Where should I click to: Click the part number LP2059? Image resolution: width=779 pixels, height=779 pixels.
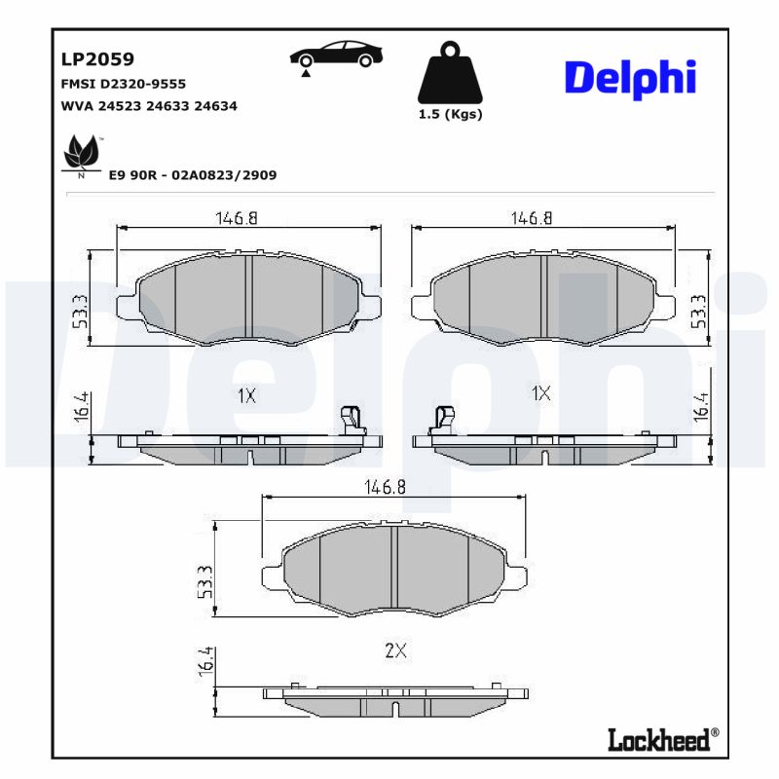pos(97,59)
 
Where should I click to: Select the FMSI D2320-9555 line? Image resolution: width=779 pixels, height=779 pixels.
pos(123,85)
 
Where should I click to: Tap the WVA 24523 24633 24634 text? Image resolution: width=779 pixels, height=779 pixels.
pos(149,106)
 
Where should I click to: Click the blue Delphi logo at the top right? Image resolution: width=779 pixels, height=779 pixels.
pos(630,77)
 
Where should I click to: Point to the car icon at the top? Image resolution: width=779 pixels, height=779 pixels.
pos(336,56)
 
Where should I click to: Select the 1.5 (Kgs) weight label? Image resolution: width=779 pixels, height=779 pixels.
pos(450,114)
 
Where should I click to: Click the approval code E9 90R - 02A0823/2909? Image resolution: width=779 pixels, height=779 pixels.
pos(193,175)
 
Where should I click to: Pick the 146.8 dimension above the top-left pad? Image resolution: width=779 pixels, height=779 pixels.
pos(237,219)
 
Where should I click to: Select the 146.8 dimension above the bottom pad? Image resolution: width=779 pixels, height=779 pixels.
pos(386,487)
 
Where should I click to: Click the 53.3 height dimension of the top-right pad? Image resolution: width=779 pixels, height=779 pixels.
pos(697,311)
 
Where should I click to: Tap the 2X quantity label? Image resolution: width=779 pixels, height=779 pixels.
pos(394,651)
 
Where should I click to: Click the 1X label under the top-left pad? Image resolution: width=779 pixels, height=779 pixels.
pos(245,394)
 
